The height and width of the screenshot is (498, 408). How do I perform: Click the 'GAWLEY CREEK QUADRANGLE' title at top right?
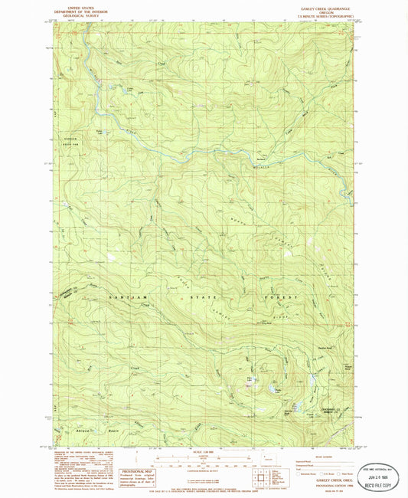325,5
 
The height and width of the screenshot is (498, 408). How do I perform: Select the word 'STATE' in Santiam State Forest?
204,296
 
